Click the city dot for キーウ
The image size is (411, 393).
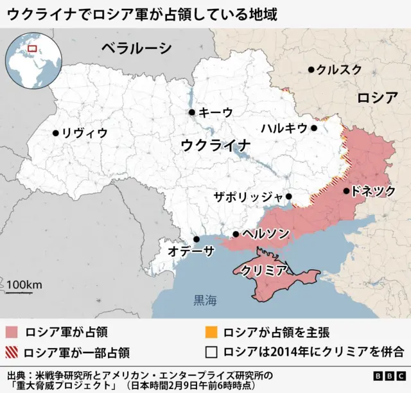(191, 112)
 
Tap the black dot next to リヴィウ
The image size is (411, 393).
(56, 133)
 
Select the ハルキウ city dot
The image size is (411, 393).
(314, 128)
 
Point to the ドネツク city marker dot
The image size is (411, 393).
(347, 190)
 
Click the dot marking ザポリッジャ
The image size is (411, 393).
(289, 197)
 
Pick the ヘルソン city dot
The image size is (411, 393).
(236, 234)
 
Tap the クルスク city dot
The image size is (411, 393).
(311, 69)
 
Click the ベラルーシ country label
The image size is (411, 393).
(136, 48)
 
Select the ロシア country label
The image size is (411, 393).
(378, 98)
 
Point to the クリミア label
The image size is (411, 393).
(263, 270)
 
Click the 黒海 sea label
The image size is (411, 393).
(205, 299)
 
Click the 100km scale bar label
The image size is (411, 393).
(24, 284)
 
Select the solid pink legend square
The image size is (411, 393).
(12, 333)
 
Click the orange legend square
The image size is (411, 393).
(210, 333)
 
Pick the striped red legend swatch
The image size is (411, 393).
(12, 352)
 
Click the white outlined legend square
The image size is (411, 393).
(210, 352)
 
